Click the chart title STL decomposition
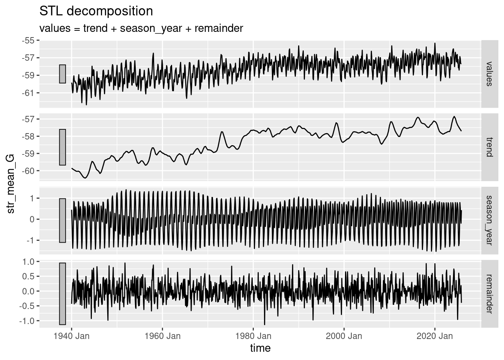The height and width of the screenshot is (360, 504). pos(96,11)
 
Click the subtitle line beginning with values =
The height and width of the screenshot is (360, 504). pos(141,28)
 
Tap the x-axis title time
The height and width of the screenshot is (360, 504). pos(260,348)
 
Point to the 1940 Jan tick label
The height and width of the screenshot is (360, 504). pos(71,336)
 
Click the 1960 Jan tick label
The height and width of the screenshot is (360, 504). pos(162,336)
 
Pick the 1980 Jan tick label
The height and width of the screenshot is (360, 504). pos(253,336)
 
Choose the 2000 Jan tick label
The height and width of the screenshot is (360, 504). pos(344,336)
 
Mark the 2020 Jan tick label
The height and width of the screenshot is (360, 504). pos(435,336)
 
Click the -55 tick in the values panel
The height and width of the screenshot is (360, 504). pos(28,40)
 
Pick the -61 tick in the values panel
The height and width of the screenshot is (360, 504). pos(28,93)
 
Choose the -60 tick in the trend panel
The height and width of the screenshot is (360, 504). pos(28,171)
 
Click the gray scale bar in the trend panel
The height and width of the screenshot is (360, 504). pos(62,147)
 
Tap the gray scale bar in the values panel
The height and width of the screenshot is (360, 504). pos(62,74)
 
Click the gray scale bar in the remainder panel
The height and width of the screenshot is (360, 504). pos(62,294)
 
